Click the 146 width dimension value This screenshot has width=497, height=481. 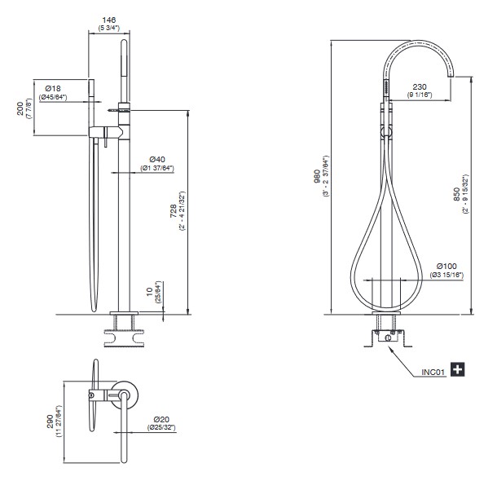click(x=108, y=20)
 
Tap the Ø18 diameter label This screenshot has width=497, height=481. click(x=53, y=88)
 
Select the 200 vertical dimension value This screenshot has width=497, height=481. click(x=20, y=108)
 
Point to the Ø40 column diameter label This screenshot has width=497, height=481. click(x=157, y=159)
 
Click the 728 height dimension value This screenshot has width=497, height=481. click(x=174, y=211)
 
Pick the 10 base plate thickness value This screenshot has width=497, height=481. click(x=150, y=292)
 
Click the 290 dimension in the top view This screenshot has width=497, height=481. click(x=50, y=421)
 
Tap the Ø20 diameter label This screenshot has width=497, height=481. click(x=161, y=420)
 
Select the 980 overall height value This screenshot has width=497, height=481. click(x=317, y=177)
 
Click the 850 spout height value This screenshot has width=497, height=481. click(x=457, y=194)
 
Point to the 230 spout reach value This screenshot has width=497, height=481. click(x=420, y=86)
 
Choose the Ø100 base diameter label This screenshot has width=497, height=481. click(x=446, y=266)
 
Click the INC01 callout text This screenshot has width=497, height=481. click(x=433, y=373)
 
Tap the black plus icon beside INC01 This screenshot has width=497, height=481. click(x=458, y=369)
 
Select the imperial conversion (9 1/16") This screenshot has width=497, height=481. click(x=420, y=95)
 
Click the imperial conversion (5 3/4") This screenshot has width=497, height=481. click(x=108, y=28)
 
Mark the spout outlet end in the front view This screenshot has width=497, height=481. click(x=451, y=77)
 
